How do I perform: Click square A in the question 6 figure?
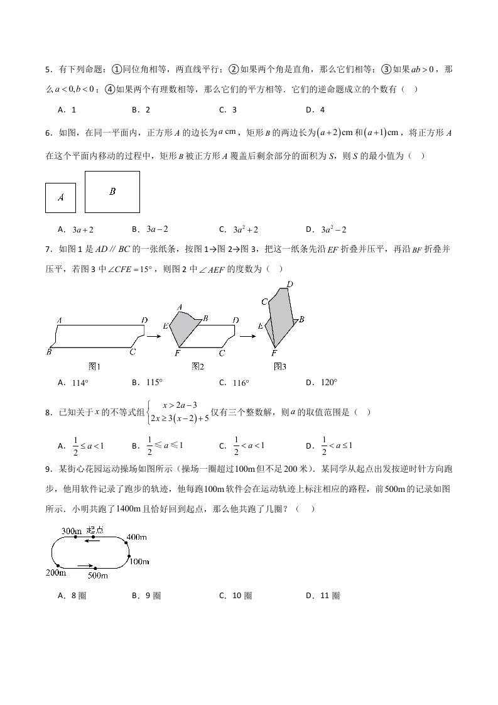click(61, 197)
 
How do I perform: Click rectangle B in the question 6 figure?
click(112, 192)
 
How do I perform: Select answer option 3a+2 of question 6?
click(83, 230)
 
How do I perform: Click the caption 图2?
click(198, 366)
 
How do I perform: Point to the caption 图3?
click(280, 366)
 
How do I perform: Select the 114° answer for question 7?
click(80, 383)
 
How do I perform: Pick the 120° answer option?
click(330, 382)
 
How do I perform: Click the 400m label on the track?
click(137, 537)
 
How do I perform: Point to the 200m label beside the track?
click(57, 572)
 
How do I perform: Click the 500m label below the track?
click(99, 576)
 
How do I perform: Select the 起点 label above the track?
click(95, 530)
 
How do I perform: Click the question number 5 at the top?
click(48, 70)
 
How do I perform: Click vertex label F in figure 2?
click(178, 354)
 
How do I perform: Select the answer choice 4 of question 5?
click(322, 109)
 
